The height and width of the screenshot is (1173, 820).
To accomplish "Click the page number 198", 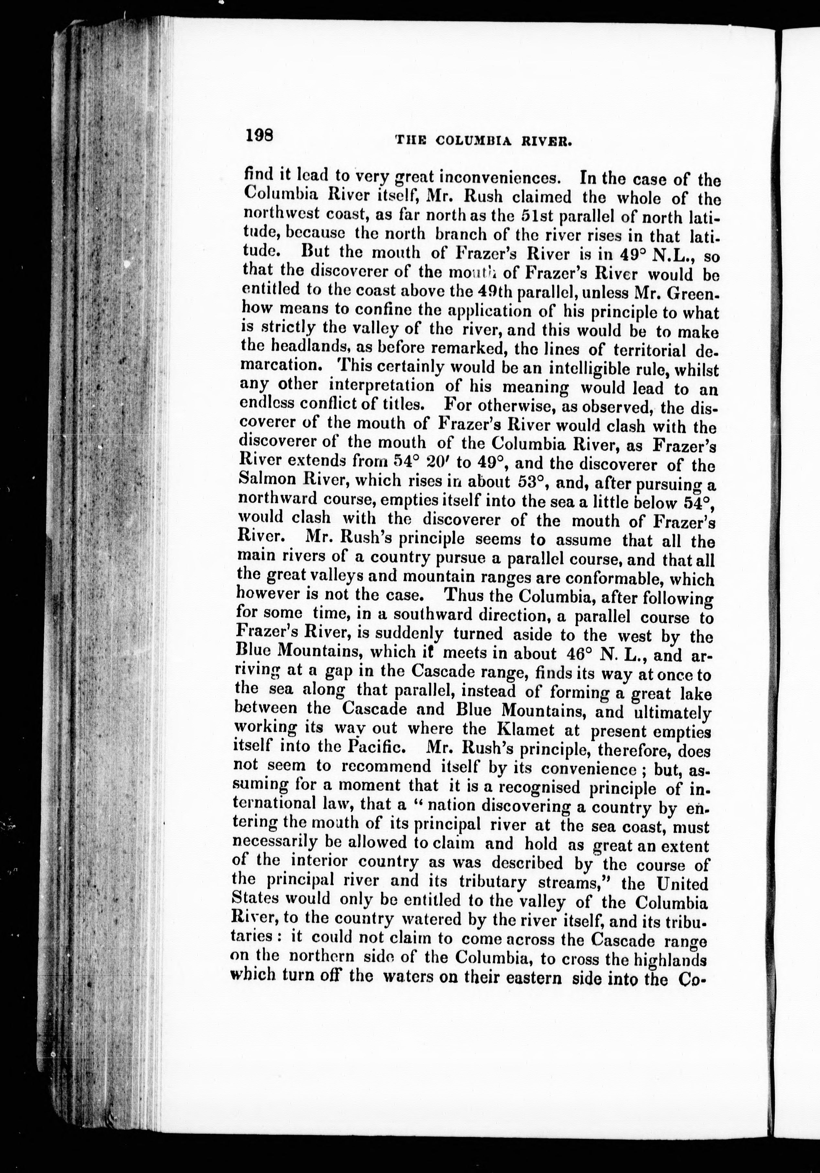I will click(x=260, y=135).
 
